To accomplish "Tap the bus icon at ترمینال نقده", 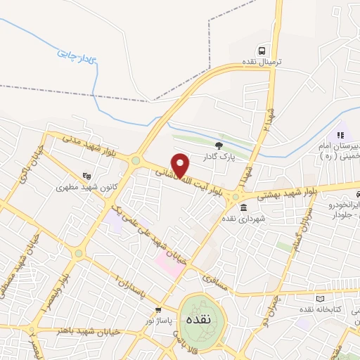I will [262, 51].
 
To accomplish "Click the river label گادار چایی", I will [77, 51].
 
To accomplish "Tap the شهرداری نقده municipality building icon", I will [243, 207].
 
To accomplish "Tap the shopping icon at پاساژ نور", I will [159, 309].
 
